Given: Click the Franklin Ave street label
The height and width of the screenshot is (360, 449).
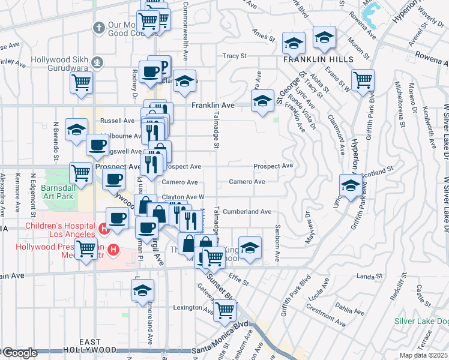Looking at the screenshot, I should pyautogui.click(x=212, y=106).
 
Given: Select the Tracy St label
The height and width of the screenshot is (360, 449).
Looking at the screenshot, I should pyautogui.click(x=235, y=56).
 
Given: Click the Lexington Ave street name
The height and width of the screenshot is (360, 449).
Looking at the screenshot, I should pyautogui.click(x=176, y=308).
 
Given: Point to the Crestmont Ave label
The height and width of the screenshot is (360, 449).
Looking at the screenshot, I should pyautogui.click(x=324, y=309).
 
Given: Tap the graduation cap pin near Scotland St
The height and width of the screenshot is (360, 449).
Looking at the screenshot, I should pyautogui.click(x=350, y=184).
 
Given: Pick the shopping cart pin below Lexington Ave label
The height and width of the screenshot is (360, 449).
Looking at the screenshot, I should pyautogui.click(x=224, y=310).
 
